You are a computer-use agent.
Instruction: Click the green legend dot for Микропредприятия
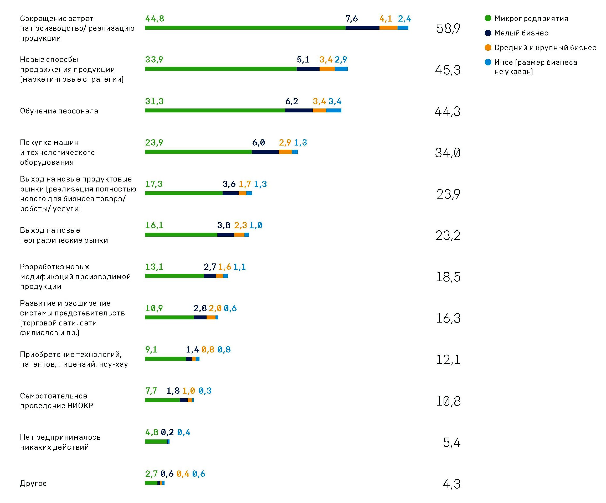click(x=488, y=18)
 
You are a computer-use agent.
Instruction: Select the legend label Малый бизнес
click(x=521, y=33)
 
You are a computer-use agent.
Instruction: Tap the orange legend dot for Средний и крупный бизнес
click(x=488, y=47)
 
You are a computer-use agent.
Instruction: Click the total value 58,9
click(x=448, y=29)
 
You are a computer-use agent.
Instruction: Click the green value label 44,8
click(x=155, y=18)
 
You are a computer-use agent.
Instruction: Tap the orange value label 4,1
click(x=386, y=18)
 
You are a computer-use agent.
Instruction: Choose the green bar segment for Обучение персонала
click(x=215, y=111)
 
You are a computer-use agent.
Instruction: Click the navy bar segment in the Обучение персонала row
click(x=299, y=111)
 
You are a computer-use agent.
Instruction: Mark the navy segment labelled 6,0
click(x=265, y=152)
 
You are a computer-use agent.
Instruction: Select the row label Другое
click(x=33, y=483)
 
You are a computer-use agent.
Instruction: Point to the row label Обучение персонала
click(x=59, y=111)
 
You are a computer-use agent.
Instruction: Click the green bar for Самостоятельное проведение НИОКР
click(x=162, y=400)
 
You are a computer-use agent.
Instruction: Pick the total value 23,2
click(x=448, y=235)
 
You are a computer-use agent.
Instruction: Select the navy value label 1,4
click(x=192, y=350)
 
